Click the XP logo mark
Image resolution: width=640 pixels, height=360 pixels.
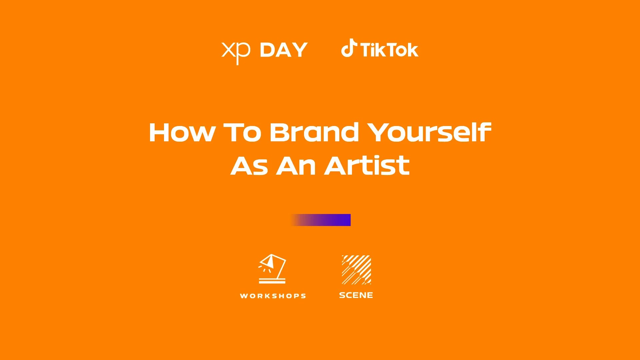click(236, 53)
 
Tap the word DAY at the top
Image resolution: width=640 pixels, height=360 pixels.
click(284, 50)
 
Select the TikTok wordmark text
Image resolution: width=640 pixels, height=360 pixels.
click(389, 50)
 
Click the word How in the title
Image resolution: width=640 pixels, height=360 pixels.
click(182, 132)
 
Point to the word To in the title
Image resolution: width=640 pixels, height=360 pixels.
click(242, 132)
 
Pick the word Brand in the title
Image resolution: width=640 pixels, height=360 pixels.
click(314, 132)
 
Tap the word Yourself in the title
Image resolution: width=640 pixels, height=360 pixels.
click(429, 132)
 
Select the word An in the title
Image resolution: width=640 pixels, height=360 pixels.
click(296, 166)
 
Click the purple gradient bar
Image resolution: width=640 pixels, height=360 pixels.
click(321, 220)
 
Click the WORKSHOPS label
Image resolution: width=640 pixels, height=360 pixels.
click(273, 296)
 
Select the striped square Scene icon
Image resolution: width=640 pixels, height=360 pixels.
click(356, 270)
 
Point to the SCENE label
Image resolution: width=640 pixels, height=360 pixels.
click(356, 295)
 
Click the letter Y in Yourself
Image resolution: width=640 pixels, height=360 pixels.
click(379, 132)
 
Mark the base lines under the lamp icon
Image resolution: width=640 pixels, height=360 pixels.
click(272, 281)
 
